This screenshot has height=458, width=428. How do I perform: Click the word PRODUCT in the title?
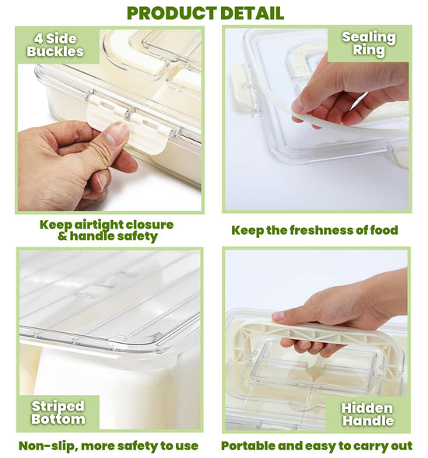172,13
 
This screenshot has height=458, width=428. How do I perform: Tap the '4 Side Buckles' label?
55,45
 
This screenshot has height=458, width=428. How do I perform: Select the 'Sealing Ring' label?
369,44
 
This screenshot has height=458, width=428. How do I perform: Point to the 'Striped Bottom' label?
58,412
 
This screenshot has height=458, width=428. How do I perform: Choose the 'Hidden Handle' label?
367,414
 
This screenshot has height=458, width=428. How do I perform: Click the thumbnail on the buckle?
117,133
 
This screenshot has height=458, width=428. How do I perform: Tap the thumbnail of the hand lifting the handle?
278,316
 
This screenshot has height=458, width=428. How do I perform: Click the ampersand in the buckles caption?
62,236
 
